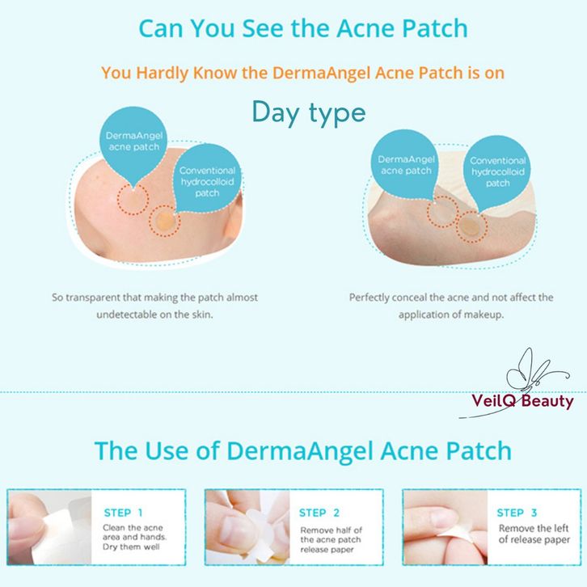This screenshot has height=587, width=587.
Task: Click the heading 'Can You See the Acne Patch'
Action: pyautogui.click(x=303, y=28)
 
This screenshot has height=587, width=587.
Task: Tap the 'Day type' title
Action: pyautogui.click(x=309, y=112)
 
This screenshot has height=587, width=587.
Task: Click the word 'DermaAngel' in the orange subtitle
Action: pyautogui.click(x=322, y=73)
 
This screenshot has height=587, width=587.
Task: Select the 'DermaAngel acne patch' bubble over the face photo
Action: pyautogui.click(x=133, y=142)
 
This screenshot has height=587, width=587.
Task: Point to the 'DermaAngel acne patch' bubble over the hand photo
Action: pyautogui.click(x=406, y=165)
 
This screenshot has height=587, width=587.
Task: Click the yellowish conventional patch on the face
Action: pyautogui.click(x=165, y=222)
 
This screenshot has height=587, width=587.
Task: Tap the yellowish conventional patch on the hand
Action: pyautogui.click(x=471, y=227)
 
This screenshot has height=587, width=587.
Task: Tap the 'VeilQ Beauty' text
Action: pyautogui.click(x=522, y=401)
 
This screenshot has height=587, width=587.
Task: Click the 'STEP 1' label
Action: pyautogui.click(x=123, y=513)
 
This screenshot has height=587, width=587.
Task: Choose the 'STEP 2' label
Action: pyautogui.click(x=319, y=513)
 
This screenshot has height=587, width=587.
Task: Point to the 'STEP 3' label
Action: pyautogui.click(x=517, y=513)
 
